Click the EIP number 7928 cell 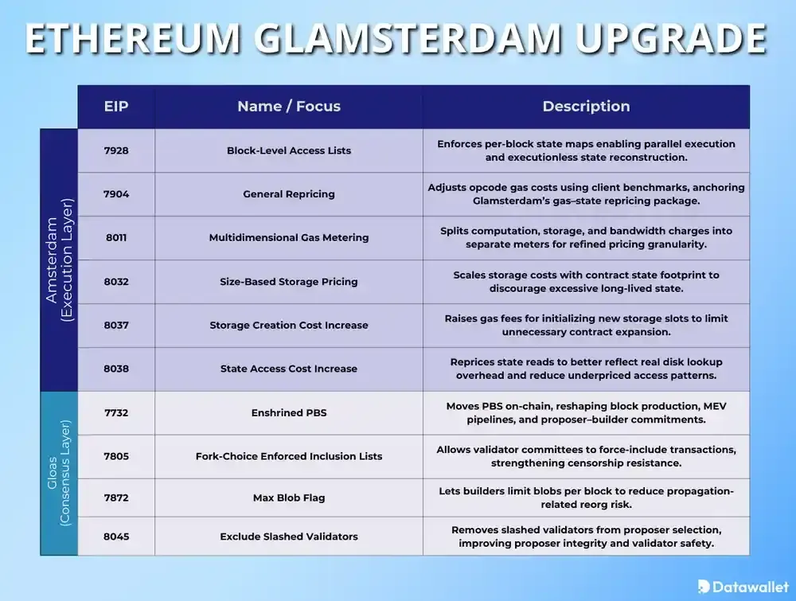click(x=116, y=150)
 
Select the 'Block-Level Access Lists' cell click(x=289, y=150)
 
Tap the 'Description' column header click(x=586, y=107)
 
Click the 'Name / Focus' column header click(x=289, y=107)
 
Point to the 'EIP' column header click(x=116, y=107)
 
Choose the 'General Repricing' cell click(x=289, y=194)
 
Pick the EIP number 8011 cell click(x=116, y=237)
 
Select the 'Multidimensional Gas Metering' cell click(x=289, y=237)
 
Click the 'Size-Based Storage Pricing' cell click(x=289, y=281)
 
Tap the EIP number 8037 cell click(x=116, y=325)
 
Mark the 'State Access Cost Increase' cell click(x=289, y=369)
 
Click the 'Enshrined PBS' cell click(x=289, y=412)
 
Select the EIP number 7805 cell click(x=116, y=456)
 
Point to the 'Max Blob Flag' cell click(x=289, y=498)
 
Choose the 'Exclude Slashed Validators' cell click(x=289, y=537)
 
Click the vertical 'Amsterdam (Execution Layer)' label click(x=59, y=260)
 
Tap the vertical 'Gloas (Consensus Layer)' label click(x=59, y=473)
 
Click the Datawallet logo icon click(x=704, y=586)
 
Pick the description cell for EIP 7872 click(x=586, y=498)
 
